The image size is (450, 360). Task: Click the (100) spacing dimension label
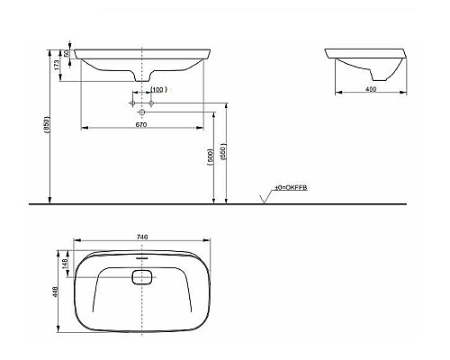point(158,90)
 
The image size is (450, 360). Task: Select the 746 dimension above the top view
point(141,237)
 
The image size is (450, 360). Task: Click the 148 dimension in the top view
point(65,265)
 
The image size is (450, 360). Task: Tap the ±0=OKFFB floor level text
point(293,188)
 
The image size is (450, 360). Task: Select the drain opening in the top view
point(142,278)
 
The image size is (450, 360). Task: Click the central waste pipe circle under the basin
point(142,112)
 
